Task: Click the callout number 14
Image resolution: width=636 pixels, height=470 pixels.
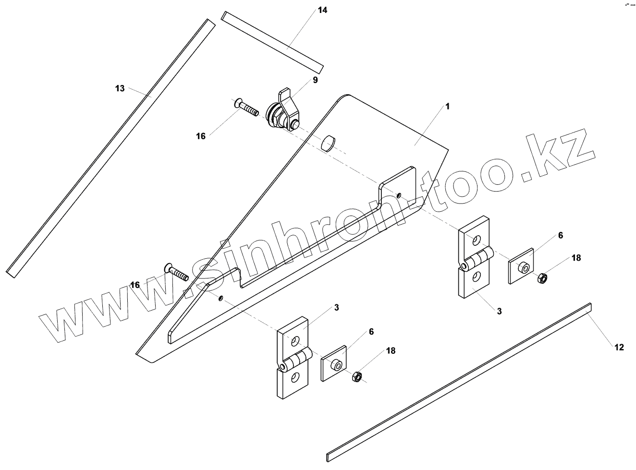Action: [x=322, y=10]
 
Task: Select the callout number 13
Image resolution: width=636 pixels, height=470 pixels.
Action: [x=120, y=88]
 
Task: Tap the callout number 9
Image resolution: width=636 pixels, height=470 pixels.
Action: [x=315, y=80]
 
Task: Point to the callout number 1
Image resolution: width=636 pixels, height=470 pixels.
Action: [x=447, y=106]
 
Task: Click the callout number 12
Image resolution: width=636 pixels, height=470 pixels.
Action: [x=619, y=347]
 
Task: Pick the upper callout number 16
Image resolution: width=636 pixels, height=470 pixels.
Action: [x=201, y=136]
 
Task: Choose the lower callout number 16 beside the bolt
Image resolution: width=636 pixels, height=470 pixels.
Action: [x=135, y=285]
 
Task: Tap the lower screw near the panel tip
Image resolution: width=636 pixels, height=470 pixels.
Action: [x=177, y=272]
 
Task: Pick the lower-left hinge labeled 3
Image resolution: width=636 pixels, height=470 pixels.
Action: [x=293, y=357]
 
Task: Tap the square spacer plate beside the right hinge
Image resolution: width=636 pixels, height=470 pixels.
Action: [x=522, y=265]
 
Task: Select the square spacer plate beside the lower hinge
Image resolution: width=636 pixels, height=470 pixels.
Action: [x=334, y=363]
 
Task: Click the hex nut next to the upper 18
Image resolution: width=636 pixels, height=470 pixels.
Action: [x=541, y=277]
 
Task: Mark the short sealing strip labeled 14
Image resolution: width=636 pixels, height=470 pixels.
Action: [x=272, y=41]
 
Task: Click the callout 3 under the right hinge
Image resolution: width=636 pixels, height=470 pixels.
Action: [x=499, y=311]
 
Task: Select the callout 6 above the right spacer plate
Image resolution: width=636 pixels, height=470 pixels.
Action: [x=560, y=235]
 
